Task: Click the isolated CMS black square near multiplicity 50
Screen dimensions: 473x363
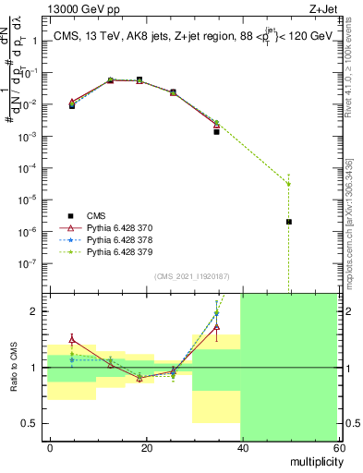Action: [x=289, y=222]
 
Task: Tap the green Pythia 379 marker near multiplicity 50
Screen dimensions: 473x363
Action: [x=289, y=183]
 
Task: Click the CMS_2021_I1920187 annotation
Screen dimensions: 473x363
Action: [x=191, y=276]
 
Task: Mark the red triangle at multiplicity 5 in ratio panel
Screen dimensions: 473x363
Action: [x=72, y=340]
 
